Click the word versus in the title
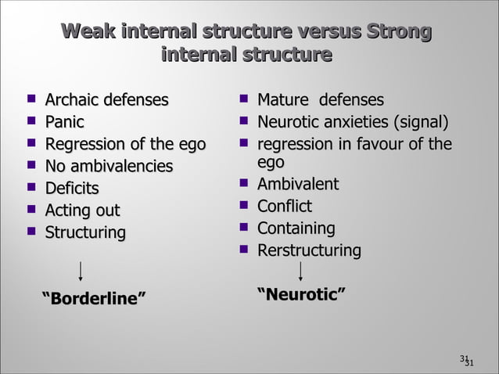click(317, 32)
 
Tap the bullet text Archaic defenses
click(106, 100)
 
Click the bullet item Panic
click(64, 122)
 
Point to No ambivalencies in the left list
click(109, 166)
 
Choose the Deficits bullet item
click(72, 188)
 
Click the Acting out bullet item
click(83, 210)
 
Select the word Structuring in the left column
click(85, 232)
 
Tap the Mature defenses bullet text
click(321, 100)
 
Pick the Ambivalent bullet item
click(298, 184)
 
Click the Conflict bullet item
click(285, 207)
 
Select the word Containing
click(296, 228)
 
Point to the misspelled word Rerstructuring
click(310, 250)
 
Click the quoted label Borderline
click(93, 298)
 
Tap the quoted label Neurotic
click(302, 294)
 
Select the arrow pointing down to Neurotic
click(301, 271)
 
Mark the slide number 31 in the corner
click(467, 360)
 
